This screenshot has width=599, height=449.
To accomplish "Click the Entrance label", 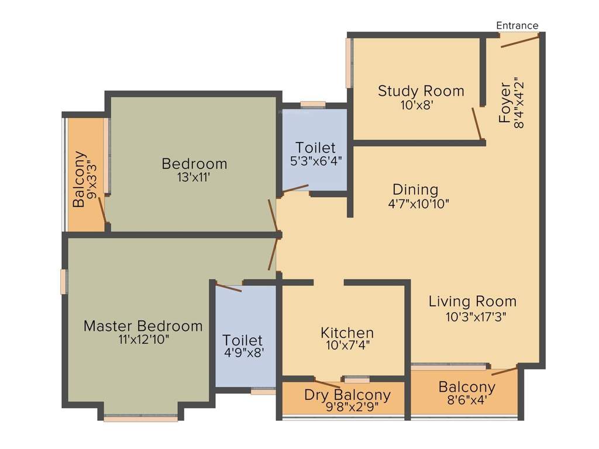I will (x=517, y=25).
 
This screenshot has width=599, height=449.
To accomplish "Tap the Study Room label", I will (x=421, y=91).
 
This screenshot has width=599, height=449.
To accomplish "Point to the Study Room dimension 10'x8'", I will (x=416, y=105).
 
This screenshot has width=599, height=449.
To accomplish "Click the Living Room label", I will (x=473, y=302).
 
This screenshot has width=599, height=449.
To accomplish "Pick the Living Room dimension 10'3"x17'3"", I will (x=475, y=317).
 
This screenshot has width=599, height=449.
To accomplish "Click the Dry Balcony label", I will (x=347, y=395).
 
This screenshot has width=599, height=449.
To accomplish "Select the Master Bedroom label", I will (x=143, y=326).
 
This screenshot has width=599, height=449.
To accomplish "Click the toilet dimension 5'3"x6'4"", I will (x=315, y=161).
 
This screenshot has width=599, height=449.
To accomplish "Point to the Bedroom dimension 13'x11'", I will (x=194, y=178).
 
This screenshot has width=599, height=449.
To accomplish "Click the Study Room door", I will (x=478, y=124).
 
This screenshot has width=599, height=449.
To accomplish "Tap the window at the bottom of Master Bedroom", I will (x=140, y=418).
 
